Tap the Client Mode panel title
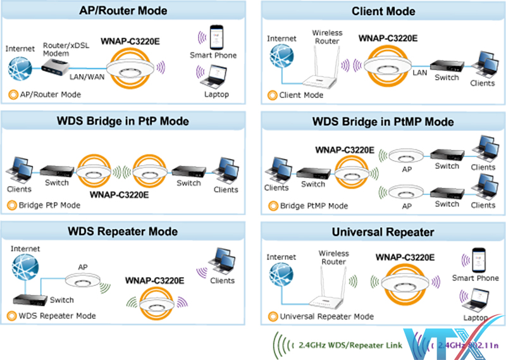(383, 11)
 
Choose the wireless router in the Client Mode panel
(319, 70)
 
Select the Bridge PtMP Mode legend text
(314, 206)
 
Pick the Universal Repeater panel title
(383, 232)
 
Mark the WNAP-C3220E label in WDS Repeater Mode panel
(154, 280)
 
